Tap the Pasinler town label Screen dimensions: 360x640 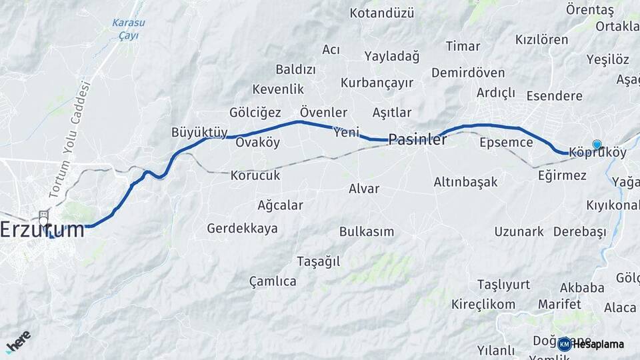point(417,139)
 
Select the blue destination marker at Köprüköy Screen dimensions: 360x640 point(597,144)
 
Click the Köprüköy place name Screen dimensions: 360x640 point(598,153)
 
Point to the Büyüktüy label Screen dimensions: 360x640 point(200,131)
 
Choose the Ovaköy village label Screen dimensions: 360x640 point(258,143)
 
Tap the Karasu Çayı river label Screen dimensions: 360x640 point(129,29)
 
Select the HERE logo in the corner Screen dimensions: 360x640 point(18,341)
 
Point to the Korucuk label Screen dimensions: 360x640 point(255,176)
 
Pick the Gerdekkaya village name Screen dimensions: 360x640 point(242,229)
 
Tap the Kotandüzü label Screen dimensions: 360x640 point(382,13)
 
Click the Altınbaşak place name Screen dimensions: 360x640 point(465,182)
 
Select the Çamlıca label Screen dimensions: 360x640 point(273,281)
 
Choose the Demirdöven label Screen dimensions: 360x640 point(468,72)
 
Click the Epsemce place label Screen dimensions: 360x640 point(506,142)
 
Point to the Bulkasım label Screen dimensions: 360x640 point(367,232)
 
